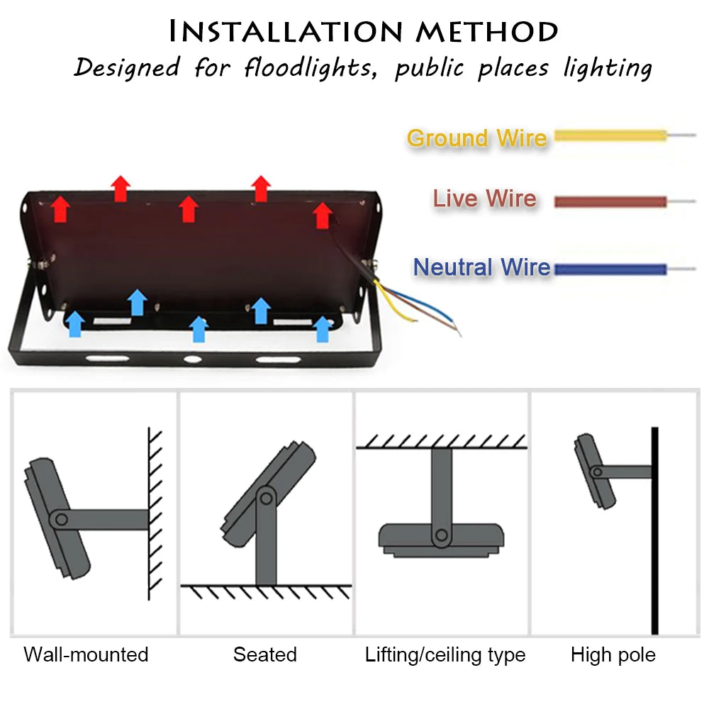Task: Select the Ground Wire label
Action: [x=476, y=138]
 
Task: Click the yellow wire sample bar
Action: [x=610, y=135]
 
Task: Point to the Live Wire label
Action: [x=484, y=199]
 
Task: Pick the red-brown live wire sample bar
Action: [x=610, y=202]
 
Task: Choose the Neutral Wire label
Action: [x=481, y=267]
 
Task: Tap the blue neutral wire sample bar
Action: [x=610, y=269]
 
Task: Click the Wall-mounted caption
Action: [x=86, y=654]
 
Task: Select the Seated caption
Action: [x=264, y=654]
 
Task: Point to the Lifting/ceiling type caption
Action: [x=445, y=654]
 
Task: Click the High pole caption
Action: [x=613, y=654]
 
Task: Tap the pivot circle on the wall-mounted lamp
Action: [x=62, y=520]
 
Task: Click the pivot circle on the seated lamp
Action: [x=266, y=497]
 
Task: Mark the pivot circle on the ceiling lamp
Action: [x=441, y=536]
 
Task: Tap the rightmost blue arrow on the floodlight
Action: [x=323, y=328]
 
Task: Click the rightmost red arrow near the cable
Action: [x=323, y=215]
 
